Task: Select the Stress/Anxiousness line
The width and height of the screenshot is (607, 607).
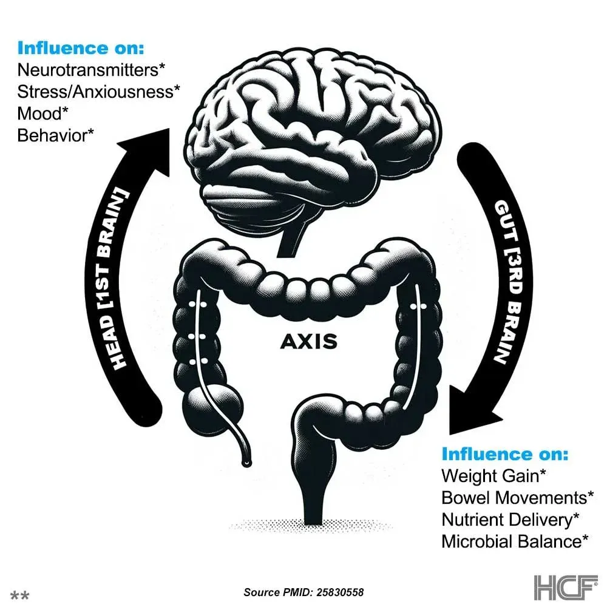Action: (x=98, y=92)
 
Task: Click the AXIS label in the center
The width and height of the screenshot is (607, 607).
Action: (x=308, y=342)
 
